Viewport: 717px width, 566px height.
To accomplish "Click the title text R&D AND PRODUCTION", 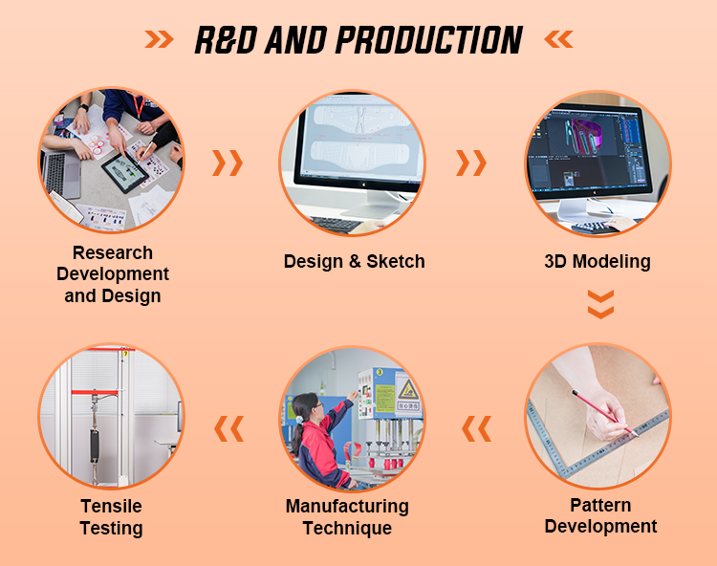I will pos(358,39).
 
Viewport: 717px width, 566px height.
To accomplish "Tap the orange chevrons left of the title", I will pos(160,39).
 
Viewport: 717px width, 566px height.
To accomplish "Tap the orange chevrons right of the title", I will pos(557,39).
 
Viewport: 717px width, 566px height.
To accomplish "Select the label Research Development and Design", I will pos(112,274).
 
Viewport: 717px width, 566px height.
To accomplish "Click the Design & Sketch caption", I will pos(354,261).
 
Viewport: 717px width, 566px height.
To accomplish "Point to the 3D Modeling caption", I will pos(597,261).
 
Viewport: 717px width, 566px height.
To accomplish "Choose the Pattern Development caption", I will pos(600,515).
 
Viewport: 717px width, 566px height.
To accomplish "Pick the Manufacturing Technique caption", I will pos(347,517).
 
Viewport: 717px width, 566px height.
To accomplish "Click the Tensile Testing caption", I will pos(111,517).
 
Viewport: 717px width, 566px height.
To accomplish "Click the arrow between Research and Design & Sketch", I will pos(228,163).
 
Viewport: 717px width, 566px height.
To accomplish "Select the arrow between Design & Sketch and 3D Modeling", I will pos(470,163).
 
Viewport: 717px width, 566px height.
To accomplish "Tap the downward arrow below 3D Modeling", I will pos(599,305).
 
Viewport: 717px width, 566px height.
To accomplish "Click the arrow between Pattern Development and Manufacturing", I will pos(476,429).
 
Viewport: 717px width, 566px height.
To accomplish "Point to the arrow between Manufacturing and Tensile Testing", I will pos(228,429).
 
